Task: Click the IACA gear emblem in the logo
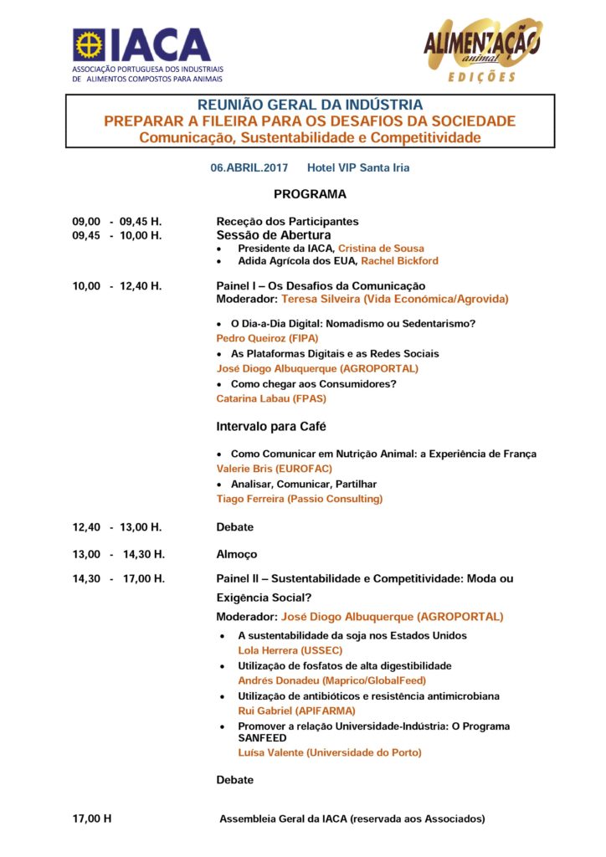pos(89,44)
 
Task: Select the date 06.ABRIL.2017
pos(249,167)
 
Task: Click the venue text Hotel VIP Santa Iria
pos(358,167)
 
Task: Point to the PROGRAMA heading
pos(310,194)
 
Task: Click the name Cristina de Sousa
pos(381,249)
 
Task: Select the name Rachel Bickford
pos(399,261)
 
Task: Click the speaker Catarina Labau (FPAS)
pos(271,398)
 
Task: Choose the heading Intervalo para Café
pos(271,427)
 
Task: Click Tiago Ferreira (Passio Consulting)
pos(299,499)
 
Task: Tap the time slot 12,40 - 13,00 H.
pos(117,527)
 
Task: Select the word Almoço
pos(237,554)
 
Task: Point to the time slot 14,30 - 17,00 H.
pos(119,579)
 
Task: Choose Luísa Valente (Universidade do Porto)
pos(330,752)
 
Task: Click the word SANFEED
pos(262,738)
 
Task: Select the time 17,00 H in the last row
pos(92,819)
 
